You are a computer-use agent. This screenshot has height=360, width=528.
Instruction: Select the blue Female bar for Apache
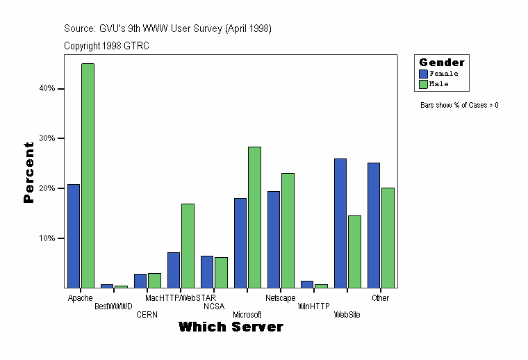tap(74, 236)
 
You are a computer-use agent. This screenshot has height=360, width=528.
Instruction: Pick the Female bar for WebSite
tap(340, 223)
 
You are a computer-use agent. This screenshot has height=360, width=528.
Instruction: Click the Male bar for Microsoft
tap(254, 217)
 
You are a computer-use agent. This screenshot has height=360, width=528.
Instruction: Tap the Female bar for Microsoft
tap(240, 243)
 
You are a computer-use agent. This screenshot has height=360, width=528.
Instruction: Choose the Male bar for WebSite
tap(354, 252)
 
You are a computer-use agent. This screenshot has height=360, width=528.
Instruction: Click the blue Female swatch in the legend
tap(423, 73)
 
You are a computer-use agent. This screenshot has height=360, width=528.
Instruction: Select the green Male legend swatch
tap(423, 84)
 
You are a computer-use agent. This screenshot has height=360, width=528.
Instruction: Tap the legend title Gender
tap(442, 63)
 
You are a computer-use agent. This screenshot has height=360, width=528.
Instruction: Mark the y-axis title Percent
tap(28, 172)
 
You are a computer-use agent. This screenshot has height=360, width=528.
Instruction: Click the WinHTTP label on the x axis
tap(313, 306)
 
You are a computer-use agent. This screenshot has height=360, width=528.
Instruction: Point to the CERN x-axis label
tap(147, 315)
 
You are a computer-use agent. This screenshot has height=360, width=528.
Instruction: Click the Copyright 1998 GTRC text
tap(106, 46)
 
